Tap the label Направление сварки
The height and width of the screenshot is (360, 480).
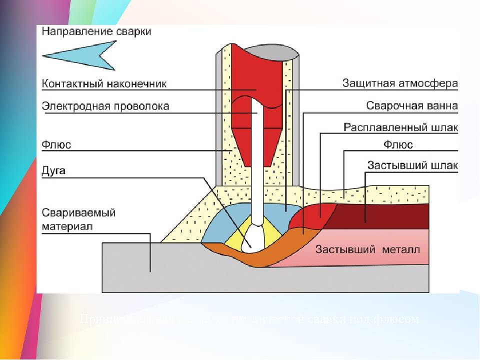[x=96, y=31]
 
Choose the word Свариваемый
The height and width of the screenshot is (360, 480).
[x=79, y=212]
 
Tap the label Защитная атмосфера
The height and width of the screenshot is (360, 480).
[x=399, y=83]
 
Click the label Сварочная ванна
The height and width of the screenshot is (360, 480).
[x=411, y=106]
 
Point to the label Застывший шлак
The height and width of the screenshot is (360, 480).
[x=411, y=165]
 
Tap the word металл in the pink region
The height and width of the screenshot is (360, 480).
[x=399, y=249]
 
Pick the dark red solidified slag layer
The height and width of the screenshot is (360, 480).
[x=395, y=216]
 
